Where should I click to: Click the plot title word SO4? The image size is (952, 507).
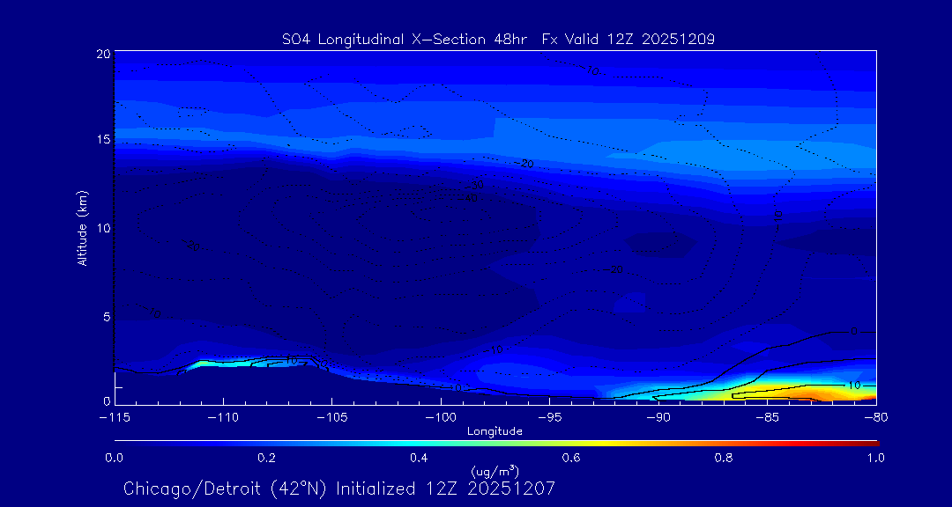point(296,39)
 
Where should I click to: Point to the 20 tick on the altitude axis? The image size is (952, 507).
point(102,54)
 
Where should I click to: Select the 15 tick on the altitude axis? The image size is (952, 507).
point(102,140)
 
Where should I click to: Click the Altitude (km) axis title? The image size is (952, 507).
point(83,228)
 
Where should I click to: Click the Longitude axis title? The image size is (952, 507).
point(495,430)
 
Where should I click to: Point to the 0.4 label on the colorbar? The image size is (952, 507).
point(419,458)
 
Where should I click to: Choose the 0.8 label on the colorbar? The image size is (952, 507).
point(724,458)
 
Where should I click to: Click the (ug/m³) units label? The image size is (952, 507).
point(495,471)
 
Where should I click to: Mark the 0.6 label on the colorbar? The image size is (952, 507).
point(571,458)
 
